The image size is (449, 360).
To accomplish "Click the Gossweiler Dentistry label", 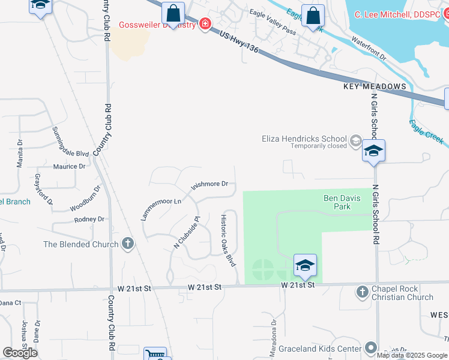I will pyautogui.click(x=157, y=25).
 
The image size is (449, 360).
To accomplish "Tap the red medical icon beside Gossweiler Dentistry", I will pyautogui.click(x=205, y=24).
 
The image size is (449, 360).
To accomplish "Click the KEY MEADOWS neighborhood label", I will pyautogui.click(x=375, y=87).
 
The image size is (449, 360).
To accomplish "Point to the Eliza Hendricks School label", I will pyautogui.click(x=304, y=138).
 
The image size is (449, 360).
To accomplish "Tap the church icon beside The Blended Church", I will pyautogui.click(x=127, y=244).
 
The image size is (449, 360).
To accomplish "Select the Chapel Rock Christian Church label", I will pyautogui.click(x=402, y=293).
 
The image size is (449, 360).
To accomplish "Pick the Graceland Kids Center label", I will pyautogui.click(x=332, y=347).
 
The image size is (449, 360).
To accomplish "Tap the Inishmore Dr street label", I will pyautogui.click(x=209, y=185).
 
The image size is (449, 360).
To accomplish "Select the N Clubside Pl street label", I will pyautogui.click(x=185, y=232).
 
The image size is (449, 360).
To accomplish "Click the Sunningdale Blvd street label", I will pyautogui.click(x=70, y=142).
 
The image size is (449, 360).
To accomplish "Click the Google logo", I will pyautogui.click(x=20, y=353).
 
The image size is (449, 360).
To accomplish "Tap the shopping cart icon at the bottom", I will pyautogui.click(x=155, y=355).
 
